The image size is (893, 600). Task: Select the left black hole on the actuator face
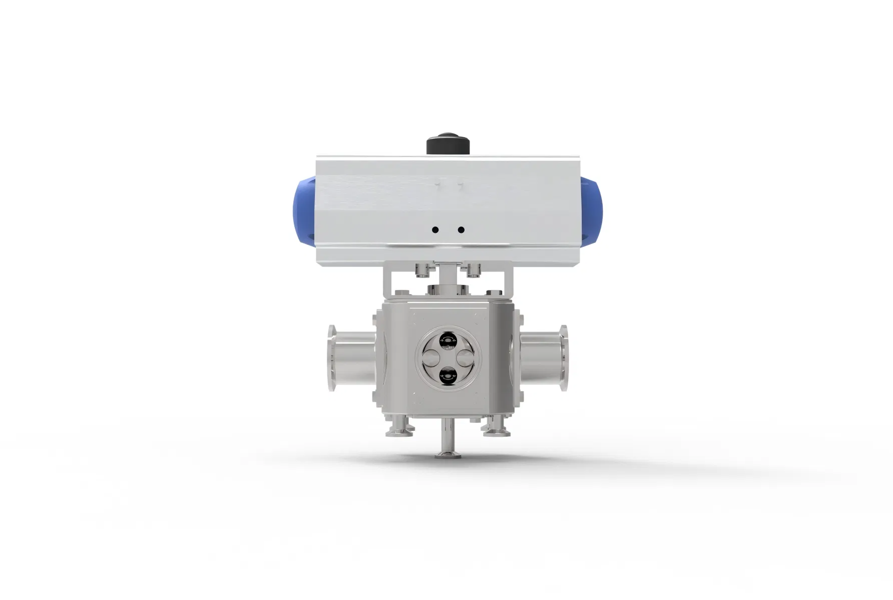(x=435, y=230)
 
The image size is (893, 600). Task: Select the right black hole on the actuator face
(x=461, y=230)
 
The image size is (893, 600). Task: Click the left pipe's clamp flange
(x=331, y=358)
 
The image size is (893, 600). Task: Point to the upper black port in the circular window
(x=448, y=341)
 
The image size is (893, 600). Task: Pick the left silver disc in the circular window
(x=431, y=358)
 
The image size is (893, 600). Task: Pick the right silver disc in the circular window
(x=464, y=358)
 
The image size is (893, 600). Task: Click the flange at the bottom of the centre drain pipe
(x=448, y=455)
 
